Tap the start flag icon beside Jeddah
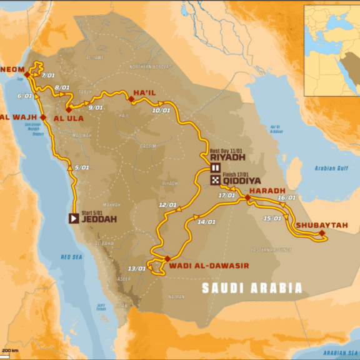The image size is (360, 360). coord(74,219)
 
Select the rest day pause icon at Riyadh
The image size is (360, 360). coord(214,168)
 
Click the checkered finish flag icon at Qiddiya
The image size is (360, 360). coord(214,181)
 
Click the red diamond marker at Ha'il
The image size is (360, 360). coord(131,99)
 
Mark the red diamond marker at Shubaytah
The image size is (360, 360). coord(322,234)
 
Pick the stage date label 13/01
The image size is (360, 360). coord(136,268)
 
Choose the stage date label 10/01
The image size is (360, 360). coord(161,111)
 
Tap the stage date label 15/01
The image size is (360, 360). coord(272,218)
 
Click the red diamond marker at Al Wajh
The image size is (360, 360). coord(43,117)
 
